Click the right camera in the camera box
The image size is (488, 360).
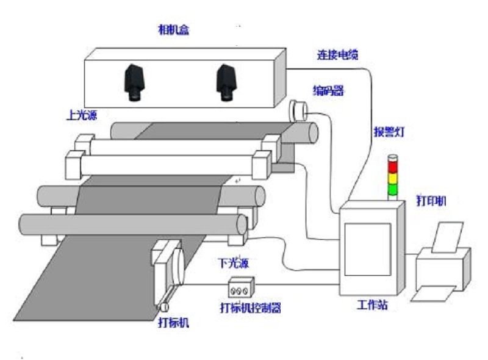226,82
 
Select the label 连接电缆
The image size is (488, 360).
337,55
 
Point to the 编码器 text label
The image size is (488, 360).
329,91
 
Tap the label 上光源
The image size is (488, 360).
82,113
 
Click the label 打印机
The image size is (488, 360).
431,200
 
